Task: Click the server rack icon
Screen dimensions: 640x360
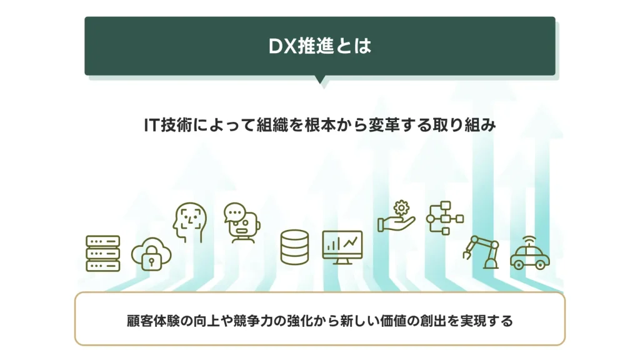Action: (103, 253)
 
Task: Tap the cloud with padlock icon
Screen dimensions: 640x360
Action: (151, 254)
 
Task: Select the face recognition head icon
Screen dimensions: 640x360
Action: (189, 222)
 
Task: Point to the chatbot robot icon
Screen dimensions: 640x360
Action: (242, 223)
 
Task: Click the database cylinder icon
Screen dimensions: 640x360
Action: (295, 247)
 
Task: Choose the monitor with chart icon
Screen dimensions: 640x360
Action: (342, 247)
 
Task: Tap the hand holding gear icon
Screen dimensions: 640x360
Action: (396, 216)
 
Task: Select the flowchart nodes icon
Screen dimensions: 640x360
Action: (445, 218)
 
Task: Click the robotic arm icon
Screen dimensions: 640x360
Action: (482, 252)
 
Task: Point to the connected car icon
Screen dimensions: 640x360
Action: (530, 253)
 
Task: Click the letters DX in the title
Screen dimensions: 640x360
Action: (282, 46)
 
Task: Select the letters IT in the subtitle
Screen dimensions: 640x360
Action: (151, 125)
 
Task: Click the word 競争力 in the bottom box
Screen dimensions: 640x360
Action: (253, 321)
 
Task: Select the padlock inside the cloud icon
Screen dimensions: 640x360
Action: (151, 258)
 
